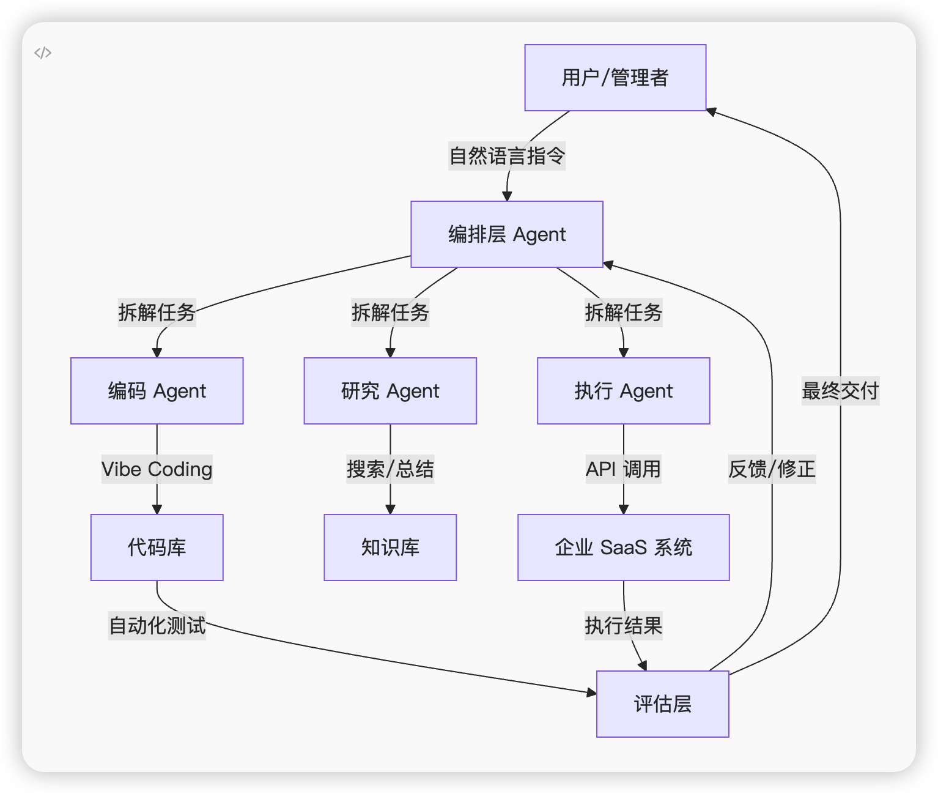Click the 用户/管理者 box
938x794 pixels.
coord(615,78)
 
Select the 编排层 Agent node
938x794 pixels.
coord(507,234)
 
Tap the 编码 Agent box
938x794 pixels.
coord(157,391)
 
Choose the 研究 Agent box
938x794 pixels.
coord(390,391)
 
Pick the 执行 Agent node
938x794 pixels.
coord(623,391)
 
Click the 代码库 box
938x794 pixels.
coord(157,547)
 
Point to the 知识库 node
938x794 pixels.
coord(390,547)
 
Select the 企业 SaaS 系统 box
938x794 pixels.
coord(623,547)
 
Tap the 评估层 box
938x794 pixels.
coord(663,704)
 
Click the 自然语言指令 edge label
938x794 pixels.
coord(507,156)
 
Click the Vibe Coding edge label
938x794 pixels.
coord(157,469)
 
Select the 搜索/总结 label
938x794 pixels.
coord(390,469)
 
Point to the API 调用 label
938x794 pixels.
coord(623,469)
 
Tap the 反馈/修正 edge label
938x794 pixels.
coord(772,469)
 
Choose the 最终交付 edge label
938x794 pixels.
coord(840,391)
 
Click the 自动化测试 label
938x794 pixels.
coord(157,626)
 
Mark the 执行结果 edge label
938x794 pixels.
coord(623,626)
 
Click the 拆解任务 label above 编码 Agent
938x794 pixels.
coord(157,313)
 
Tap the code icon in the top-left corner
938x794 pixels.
coord(43,53)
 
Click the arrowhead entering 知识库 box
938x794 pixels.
coord(390,509)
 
